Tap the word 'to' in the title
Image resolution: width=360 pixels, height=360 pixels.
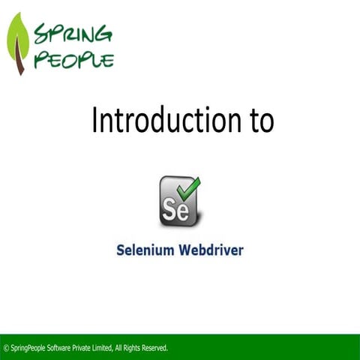click(260, 120)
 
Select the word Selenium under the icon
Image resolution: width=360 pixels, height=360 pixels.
click(146, 250)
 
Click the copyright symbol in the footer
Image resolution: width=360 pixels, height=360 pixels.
click(7, 348)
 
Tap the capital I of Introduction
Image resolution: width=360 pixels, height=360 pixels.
click(94, 120)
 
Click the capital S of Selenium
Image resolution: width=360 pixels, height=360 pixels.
click(120, 250)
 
